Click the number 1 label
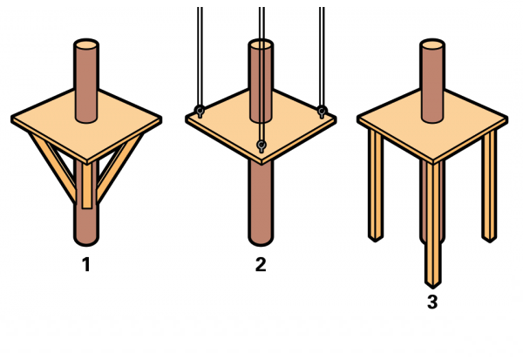[86, 265]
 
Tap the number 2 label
[261, 265]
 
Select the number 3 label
[432, 302]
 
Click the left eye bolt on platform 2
[200, 111]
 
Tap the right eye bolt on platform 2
[322, 111]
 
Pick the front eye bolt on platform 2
[261, 146]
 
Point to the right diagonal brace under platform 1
[120, 167]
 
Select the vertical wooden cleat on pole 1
[87, 185]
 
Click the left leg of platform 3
[376, 185]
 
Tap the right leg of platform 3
[489, 186]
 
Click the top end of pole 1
[86, 44]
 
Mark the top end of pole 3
[432, 44]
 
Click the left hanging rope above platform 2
[200, 57]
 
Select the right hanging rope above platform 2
[322, 57]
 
